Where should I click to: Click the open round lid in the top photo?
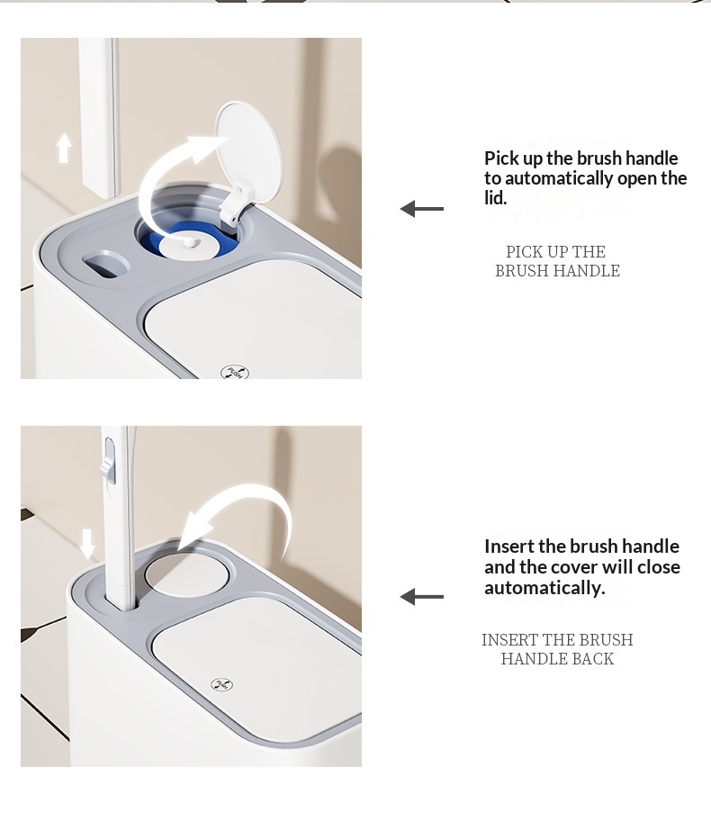[248, 146]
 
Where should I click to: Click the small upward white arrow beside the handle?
[64, 148]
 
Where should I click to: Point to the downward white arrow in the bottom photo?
[87, 544]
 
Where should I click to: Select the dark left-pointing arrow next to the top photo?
[422, 209]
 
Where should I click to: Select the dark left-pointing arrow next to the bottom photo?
[422, 596]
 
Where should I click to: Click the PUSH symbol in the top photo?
[235, 372]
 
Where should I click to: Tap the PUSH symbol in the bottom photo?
[221, 684]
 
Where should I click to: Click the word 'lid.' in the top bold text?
[495, 198]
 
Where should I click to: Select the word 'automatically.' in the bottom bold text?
[544, 588]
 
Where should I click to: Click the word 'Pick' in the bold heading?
[499, 158]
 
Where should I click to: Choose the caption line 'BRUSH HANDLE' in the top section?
[558, 271]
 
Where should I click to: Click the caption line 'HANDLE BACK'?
[558, 658]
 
